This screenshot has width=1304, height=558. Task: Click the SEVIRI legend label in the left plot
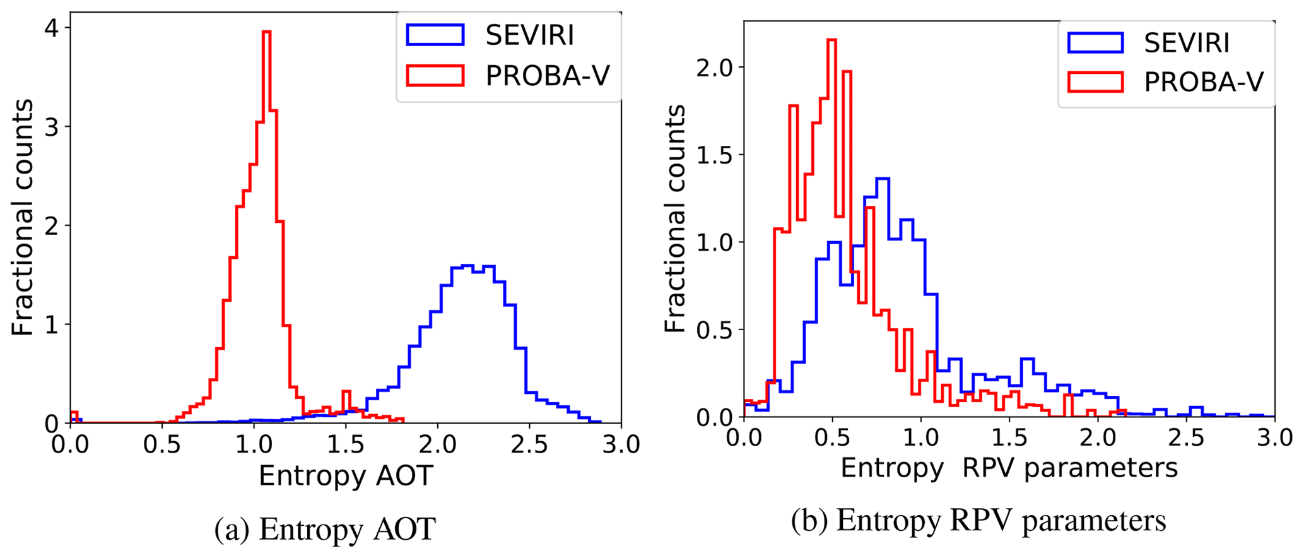[x=529, y=36]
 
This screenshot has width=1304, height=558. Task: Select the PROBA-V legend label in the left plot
[x=547, y=76]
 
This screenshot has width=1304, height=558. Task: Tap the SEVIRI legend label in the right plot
[x=1187, y=43]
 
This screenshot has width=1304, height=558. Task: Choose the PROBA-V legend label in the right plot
[x=1204, y=82]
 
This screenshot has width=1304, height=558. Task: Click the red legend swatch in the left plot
[x=435, y=75]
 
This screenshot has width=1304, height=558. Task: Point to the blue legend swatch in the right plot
[x=1095, y=43]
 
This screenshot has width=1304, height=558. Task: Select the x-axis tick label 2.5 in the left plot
[x=529, y=446]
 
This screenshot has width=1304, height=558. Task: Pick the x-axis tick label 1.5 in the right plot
[x=1009, y=438]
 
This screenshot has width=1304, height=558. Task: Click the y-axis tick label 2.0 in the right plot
[x=713, y=68]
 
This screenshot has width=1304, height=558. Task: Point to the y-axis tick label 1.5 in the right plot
[x=713, y=155]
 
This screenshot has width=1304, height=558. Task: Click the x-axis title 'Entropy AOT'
[x=346, y=476]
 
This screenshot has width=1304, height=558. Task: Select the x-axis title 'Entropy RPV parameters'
[x=1009, y=468]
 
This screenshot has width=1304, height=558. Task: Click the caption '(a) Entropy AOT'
[x=325, y=529]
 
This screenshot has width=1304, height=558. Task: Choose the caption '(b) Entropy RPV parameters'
[x=978, y=521]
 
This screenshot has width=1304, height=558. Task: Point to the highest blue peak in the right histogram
[x=883, y=179]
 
